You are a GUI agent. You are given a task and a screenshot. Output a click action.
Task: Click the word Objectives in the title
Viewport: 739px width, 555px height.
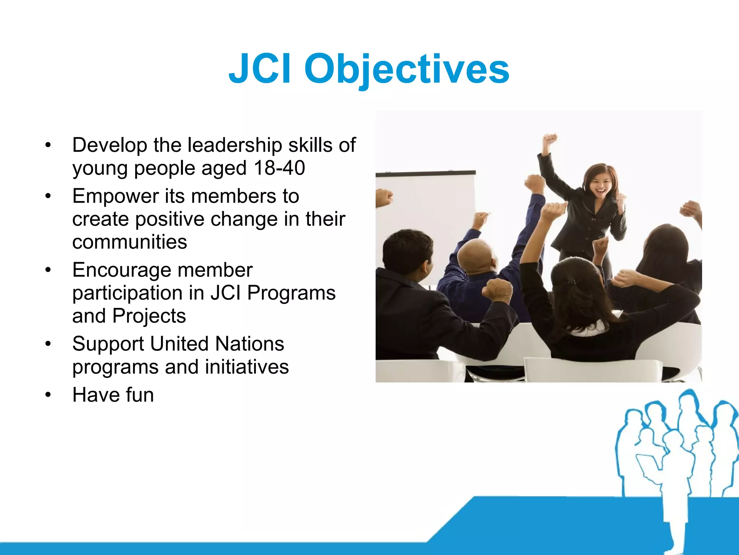(407, 69)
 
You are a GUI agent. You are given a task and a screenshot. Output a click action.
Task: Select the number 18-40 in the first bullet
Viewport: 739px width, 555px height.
(279, 168)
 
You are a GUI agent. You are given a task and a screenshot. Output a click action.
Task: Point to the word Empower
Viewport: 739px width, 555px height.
(115, 197)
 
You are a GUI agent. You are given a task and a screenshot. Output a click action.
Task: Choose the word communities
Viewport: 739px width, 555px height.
(130, 242)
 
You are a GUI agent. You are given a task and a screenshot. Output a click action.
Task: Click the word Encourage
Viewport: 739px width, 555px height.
(121, 270)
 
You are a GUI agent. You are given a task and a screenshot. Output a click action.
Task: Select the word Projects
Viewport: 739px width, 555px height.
(149, 316)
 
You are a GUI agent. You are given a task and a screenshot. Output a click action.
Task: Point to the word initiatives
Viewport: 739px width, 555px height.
(247, 367)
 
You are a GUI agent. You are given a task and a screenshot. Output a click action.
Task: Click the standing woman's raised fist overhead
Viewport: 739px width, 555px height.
(550, 139)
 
